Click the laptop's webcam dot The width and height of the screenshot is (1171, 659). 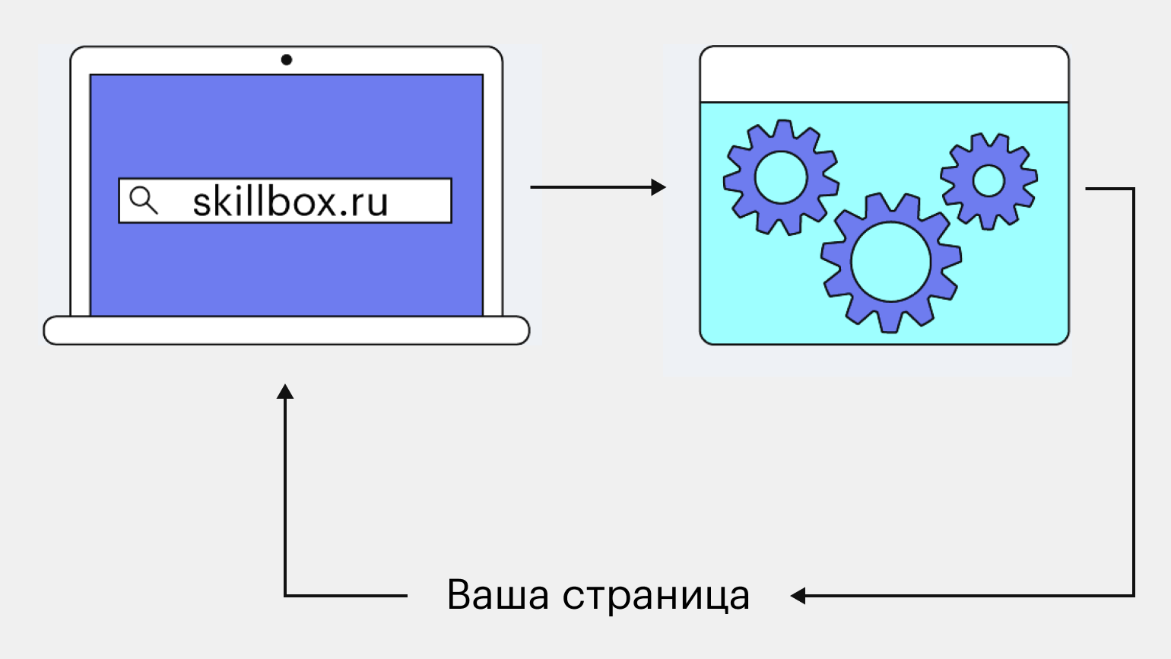286,59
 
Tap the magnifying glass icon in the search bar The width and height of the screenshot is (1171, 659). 143,200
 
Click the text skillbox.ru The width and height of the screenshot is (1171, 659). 290,202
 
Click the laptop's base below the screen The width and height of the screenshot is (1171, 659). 286,330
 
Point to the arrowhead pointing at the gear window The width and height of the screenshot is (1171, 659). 658,186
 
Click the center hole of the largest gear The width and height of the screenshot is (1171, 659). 890,262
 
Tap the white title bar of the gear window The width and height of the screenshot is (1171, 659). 884,75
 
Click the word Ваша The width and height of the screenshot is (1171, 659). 497,594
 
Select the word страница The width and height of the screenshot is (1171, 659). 655,596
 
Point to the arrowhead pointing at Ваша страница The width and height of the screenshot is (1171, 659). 798,596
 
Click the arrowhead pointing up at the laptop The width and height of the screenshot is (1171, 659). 285,391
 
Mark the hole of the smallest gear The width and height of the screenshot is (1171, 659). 989,180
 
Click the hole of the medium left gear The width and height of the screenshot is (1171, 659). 780,177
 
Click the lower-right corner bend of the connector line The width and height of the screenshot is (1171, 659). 1133,595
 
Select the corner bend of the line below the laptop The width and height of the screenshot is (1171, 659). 285,595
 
